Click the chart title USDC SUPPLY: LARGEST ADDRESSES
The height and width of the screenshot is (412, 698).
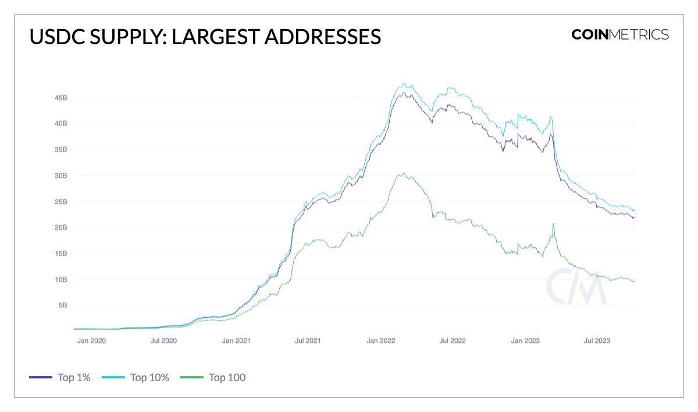(x=205, y=36)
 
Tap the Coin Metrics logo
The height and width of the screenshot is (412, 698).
(x=619, y=34)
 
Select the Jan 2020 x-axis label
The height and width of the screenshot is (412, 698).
(x=91, y=341)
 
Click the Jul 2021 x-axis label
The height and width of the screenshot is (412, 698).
(x=308, y=341)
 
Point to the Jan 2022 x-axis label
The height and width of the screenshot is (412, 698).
(x=381, y=341)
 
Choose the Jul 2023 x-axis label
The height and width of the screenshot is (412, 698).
(x=597, y=341)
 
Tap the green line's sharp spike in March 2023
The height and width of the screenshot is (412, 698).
(x=553, y=224)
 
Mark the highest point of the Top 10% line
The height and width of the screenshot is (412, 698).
(x=404, y=83)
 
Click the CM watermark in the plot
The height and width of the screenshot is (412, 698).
(x=576, y=286)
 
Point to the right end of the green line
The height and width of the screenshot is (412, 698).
(x=635, y=282)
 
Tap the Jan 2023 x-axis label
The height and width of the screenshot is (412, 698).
(x=525, y=341)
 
